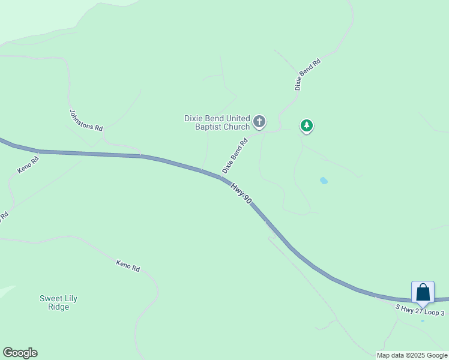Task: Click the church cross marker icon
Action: pyautogui.click(x=259, y=122)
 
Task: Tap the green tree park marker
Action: pyautogui.click(x=307, y=125)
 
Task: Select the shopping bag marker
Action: pyautogui.click(x=423, y=293)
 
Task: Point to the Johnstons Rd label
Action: pyautogui.click(x=86, y=120)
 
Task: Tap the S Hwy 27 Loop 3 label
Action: pyautogui.click(x=420, y=310)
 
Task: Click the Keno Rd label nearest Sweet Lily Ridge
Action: pyautogui.click(x=128, y=265)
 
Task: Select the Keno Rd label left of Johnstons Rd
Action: pyautogui.click(x=28, y=165)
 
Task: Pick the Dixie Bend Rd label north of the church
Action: pyautogui.click(x=307, y=74)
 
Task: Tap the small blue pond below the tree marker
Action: pyautogui.click(x=324, y=180)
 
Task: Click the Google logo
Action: pyautogui.click(x=20, y=353)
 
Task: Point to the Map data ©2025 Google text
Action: pyautogui.click(x=412, y=355)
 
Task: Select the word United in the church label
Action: pyautogui.click(x=238, y=118)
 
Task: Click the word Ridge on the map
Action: pyautogui.click(x=59, y=307)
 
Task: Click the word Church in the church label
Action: pyautogui.click(x=237, y=127)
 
